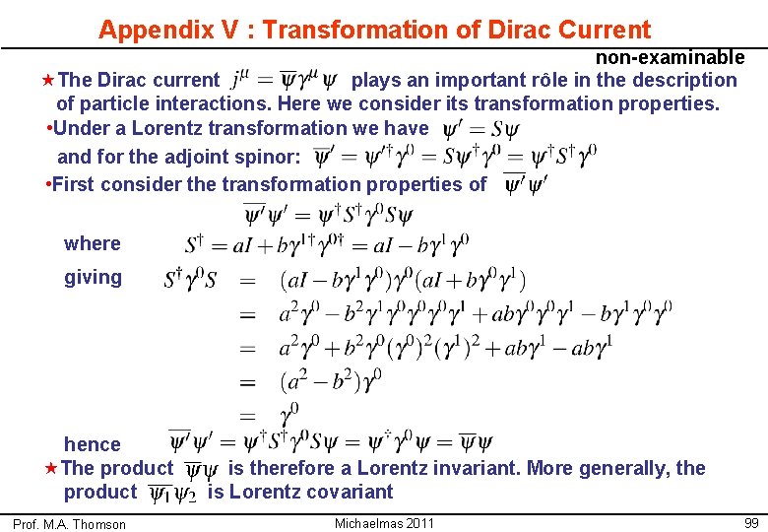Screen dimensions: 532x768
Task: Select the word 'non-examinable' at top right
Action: tap(670, 57)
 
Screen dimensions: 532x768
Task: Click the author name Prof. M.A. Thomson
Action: tap(70, 524)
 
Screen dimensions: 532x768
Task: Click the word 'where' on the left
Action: tap(93, 243)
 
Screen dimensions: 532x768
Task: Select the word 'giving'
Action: tap(94, 277)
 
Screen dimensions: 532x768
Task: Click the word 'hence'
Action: tap(93, 444)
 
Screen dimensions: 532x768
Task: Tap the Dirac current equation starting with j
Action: tap(283, 81)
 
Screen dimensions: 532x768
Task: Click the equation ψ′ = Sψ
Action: tap(480, 129)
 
